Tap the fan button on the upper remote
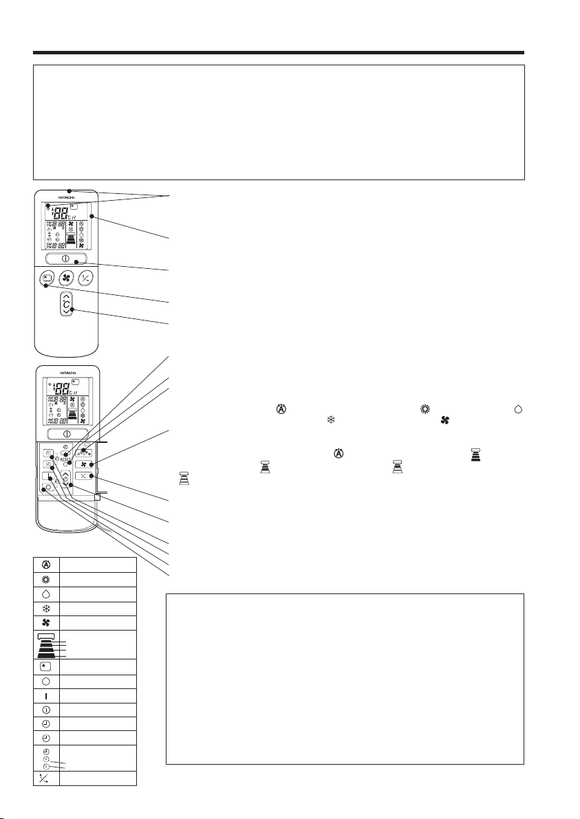click(67, 278)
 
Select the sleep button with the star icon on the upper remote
click(45, 278)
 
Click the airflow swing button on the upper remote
click(88, 278)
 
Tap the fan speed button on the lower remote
click(87, 465)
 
